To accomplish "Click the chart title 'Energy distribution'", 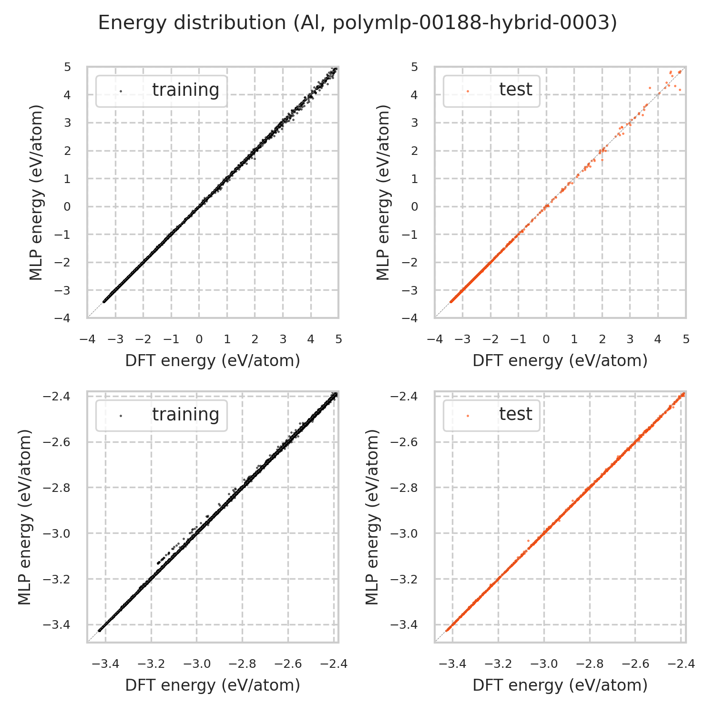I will pos(357,23).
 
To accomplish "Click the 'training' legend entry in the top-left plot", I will pos(185,90).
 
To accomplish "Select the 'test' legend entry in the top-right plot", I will pos(515,90).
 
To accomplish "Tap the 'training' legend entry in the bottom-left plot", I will pos(185,415).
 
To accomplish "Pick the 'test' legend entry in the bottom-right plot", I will pos(515,414).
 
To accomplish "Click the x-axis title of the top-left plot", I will pos(213,361).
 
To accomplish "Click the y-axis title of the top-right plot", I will pos(383,192).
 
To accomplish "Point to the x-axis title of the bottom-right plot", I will pos(560,685).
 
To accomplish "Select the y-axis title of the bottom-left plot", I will pos(25,517).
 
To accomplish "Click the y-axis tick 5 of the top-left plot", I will pos(68,67).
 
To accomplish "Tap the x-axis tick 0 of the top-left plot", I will pos(199,339).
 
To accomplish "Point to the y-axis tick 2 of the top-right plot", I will pos(414,151).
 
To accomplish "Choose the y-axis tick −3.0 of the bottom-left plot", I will pos(57,533).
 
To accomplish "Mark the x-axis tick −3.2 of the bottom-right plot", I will pos(499,664).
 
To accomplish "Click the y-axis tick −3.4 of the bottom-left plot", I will pos(57,625).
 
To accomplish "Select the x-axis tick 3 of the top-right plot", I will pos(630,339).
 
